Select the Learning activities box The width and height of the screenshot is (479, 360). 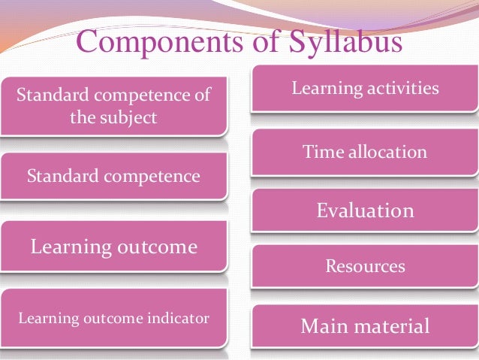(365, 89)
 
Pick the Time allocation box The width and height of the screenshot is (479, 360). (365, 153)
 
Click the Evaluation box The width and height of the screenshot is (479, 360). (365, 210)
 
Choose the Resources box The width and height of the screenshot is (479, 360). (365, 266)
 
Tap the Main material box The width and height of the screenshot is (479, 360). (365, 327)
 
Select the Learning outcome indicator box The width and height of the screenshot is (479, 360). (113, 319)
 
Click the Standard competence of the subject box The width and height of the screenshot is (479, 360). (113, 106)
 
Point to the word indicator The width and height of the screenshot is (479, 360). (178, 319)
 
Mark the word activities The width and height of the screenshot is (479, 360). (403, 89)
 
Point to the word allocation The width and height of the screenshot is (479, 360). (387, 153)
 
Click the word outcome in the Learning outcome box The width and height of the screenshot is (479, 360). (156, 247)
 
